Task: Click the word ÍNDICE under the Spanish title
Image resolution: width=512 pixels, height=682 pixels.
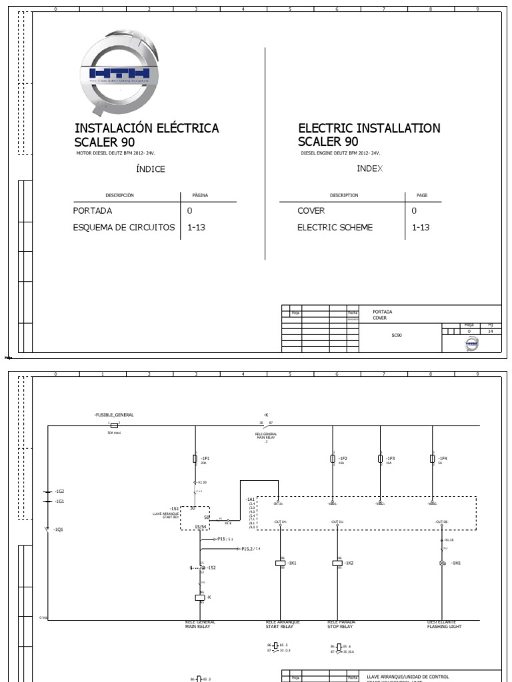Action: click(x=150, y=169)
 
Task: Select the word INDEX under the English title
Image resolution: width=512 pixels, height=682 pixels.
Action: click(x=369, y=169)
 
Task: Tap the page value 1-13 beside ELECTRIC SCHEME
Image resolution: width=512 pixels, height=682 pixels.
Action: click(x=421, y=228)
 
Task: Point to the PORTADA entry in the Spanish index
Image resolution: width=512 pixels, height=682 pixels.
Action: click(x=93, y=210)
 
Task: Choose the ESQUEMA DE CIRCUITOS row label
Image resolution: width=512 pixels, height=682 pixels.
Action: click(x=124, y=228)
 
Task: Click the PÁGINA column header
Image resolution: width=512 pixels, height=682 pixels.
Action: click(x=200, y=195)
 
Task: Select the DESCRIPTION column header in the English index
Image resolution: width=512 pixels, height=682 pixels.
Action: click(x=344, y=195)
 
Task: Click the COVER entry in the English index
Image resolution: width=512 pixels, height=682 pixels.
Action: click(x=311, y=210)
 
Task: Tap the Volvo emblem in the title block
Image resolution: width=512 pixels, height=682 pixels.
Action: click(x=471, y=344)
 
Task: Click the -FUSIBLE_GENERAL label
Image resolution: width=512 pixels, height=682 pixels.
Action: click(x=115, y=415)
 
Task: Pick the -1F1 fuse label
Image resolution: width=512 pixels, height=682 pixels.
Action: click(x=205, y=458)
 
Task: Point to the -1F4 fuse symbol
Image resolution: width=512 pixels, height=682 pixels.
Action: click(x=433, y=458)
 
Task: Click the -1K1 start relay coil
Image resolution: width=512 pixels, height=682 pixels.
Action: click(x=280, y=563)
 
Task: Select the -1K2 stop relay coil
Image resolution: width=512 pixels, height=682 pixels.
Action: click(x=337, y=563)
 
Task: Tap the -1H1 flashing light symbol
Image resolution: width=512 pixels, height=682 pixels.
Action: click(x=442, y=563)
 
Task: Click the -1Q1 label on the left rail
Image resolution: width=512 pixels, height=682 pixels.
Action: click(x=59, y=529)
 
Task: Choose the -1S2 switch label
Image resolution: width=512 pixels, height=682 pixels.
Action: click(x=211, y=567)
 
